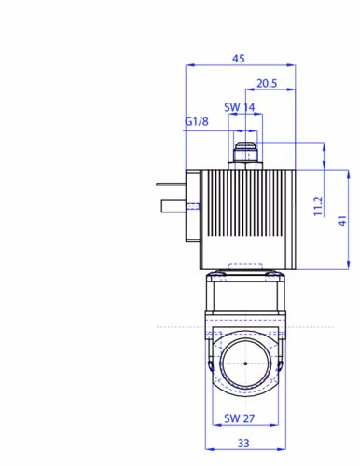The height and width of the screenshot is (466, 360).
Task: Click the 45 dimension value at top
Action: (239, 59)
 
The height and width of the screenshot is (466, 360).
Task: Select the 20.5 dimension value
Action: (267, 83)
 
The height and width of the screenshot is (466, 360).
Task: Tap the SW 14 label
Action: (240, 107)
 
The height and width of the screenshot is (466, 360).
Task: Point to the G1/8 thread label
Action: (197, 121)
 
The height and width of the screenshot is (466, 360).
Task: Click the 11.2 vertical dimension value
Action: (318, 206)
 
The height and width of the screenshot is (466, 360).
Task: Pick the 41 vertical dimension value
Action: (342, 221)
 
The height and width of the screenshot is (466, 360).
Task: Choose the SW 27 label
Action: (240, 418)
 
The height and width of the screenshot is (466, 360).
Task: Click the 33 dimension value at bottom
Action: (243, 443)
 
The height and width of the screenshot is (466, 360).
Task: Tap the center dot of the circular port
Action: (245, 363)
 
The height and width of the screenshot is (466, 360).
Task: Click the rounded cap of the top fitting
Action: (245, 145)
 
